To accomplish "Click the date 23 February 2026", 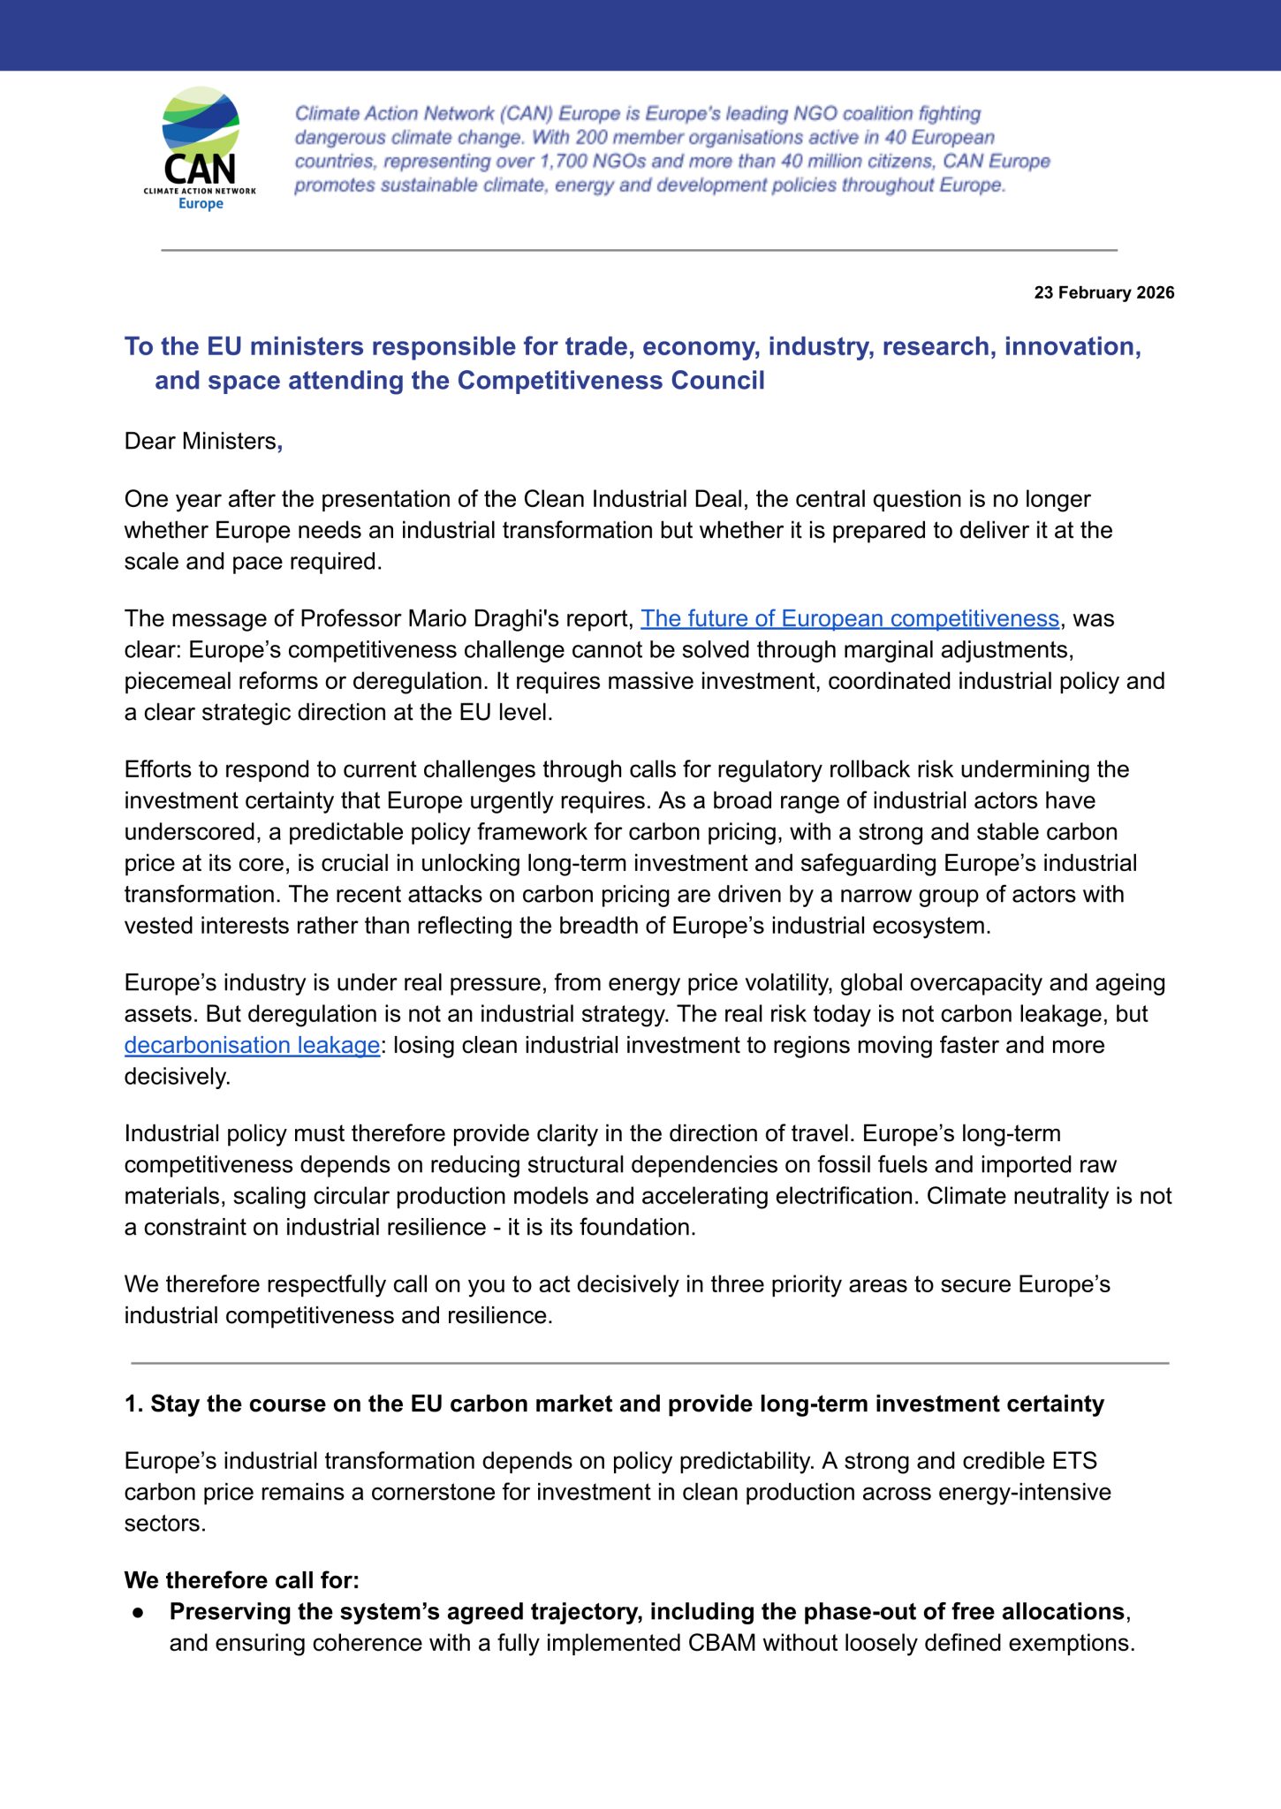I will click(x=1103, y=293).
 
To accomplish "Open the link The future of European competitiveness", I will click(x=849, y=619).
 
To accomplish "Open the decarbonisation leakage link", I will click(x=252, y=1046).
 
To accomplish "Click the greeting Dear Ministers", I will click(x=201, y=442).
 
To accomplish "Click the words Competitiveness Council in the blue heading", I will click(x=610, y=381).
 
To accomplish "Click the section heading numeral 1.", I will click(x=133, y=1404).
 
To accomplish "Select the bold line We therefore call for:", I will click(x=241, y=1580).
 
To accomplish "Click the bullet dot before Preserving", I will click(x=138, y=1612).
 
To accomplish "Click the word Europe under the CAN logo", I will click(x=201, y=204).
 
